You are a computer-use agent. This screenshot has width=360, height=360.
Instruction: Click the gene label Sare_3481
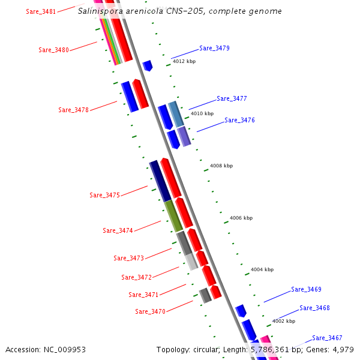[41, 11]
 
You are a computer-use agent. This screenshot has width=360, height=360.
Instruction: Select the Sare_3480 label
[53, 50]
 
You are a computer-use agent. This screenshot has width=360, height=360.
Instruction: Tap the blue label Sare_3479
[214, 48]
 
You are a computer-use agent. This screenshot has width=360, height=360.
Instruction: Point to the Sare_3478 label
[73, 110]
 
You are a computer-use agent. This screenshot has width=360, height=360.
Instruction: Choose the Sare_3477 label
[232, 98]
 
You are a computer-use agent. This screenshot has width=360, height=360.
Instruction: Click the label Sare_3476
[239, 120]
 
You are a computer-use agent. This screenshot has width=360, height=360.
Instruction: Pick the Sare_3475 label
[104, 195]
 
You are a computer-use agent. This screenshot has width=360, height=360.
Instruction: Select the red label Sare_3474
[118, 230]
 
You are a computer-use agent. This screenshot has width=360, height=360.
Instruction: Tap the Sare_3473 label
[128, 258]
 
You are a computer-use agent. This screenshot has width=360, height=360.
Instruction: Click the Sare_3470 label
[150, 311]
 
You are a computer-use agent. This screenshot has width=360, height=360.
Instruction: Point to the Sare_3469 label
[306, 289]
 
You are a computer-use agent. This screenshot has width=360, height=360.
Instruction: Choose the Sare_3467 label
[327, 338]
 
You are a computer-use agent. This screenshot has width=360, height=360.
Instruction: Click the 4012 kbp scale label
[184, 61]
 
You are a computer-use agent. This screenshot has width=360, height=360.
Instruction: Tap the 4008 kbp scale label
[221, 166]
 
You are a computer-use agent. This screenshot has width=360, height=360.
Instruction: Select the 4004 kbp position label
[262, 269]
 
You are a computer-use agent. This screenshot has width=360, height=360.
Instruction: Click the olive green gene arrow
[173, 215]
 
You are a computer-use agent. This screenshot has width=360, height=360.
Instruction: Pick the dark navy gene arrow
[160, 181]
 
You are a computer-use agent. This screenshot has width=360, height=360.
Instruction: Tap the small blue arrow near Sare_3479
[147, 65]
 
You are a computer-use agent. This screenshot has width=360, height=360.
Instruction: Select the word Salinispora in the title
[100, 11]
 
